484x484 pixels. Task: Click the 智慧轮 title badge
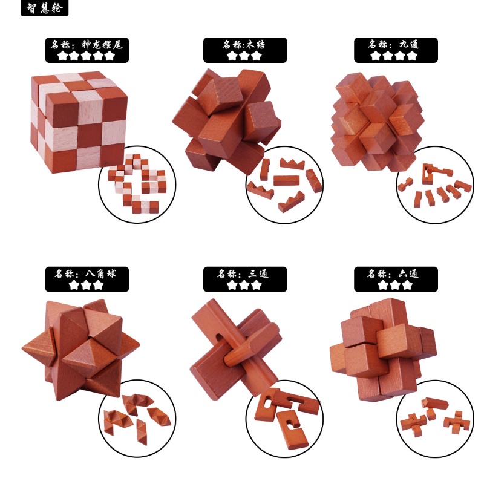pyautogui.click(x=44, y=8)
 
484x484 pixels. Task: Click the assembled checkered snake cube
pyautogui.click(x=80, y=122)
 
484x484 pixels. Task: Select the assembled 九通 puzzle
pyautogui.click(x=377, y=122)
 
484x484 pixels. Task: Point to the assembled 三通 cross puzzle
pyautogui.click(x=236, y=349)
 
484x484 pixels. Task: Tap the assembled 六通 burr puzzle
pyautogui.click(x=384, y=350)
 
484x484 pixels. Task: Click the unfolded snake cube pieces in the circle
pyautogui.click(x=137, y=185)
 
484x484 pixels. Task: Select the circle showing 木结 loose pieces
pyautogui.click(x=284, y=185)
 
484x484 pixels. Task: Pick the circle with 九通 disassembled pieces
pyautogui.click(x=435, y=185)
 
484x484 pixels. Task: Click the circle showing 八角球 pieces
pyautogui.click(x=137, y=418)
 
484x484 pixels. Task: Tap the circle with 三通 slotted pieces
pyautogui.click(x=284, y=418)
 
